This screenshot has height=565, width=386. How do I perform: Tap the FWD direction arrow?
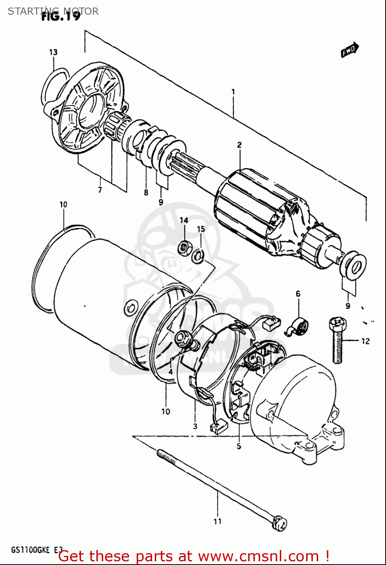[350, 50]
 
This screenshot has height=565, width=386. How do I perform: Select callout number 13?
[53, 52]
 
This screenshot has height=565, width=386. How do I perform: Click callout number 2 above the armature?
[239, 145]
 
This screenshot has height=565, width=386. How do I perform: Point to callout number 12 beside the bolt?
[365, 341]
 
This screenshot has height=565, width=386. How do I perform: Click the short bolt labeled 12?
[337, 341]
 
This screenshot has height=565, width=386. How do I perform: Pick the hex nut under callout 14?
[184, 247]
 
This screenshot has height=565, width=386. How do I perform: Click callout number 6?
[298, 294]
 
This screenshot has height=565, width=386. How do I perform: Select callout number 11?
[217, 522]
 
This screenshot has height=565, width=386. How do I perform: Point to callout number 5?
[239, 447]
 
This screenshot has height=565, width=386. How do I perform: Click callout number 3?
[195, 426]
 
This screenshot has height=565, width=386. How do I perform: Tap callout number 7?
[100, 190]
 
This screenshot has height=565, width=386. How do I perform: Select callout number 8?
[146, 192]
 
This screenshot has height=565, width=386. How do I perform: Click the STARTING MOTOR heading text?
[53, 11]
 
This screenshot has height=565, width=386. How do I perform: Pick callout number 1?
[233, 92]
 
